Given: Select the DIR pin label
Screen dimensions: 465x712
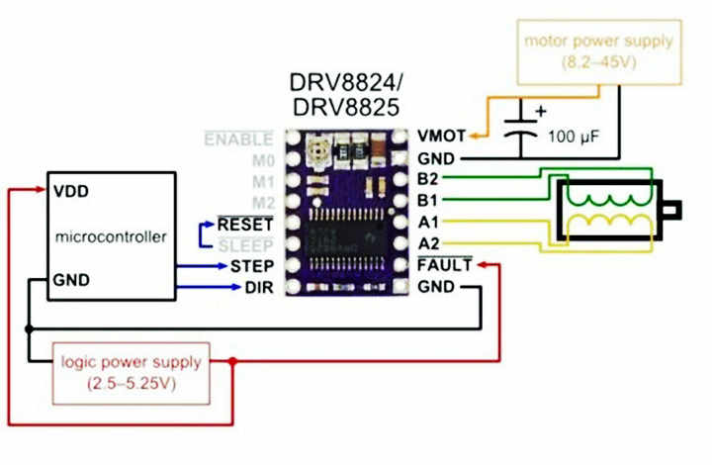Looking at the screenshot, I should (x=256, y=288).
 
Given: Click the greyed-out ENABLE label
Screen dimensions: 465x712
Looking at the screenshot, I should (x=238, y=139).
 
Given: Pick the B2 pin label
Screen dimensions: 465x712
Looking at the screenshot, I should (x=428, y=178).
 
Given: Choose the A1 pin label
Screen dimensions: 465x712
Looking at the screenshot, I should (x=428, y=223).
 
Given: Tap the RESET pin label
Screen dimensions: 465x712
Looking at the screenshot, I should (x=245, y=224).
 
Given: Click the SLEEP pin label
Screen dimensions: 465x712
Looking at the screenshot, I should (x=246, y=244).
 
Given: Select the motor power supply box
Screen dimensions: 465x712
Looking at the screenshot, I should (x=598, y=52).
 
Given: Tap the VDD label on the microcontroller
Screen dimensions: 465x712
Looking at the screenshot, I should (x=74, y=191).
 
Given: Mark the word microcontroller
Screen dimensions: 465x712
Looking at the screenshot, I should (x=112, y=236).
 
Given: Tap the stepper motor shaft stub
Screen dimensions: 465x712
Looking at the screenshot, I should (x=675, y=210).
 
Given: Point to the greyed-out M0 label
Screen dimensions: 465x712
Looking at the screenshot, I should (x=261, y=159).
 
